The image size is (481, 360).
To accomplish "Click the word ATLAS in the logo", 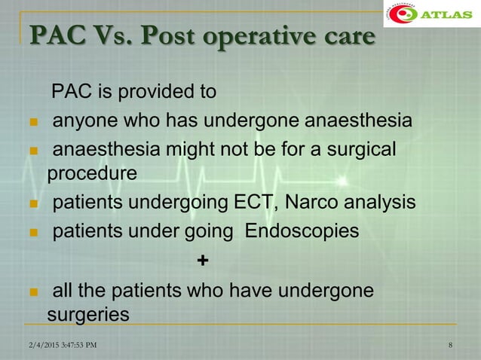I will (450, 15).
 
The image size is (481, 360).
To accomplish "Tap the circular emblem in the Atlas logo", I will (407, 16).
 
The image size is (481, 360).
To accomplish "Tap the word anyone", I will (83, 121).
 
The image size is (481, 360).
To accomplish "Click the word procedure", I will (92, 173).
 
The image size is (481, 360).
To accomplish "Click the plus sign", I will (202, 261).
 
